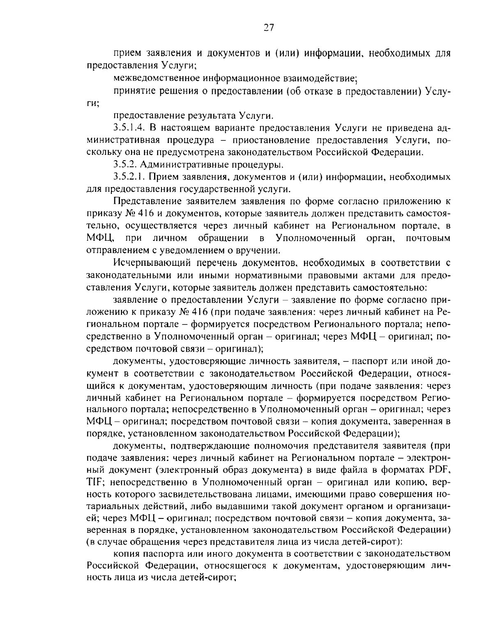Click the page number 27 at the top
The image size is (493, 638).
coord(268,28)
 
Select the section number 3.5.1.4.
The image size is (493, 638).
coord(128,128)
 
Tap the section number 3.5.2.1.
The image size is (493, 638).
coord(128,177)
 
